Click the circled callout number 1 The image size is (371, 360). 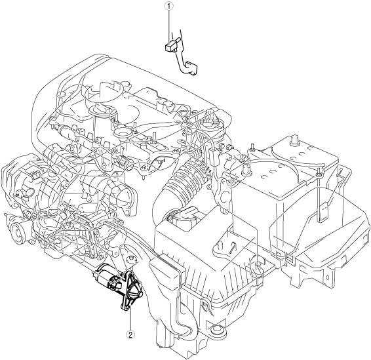click(169, 7)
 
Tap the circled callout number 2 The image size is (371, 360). click(130, 334)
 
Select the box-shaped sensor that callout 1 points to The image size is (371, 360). click(170, 47)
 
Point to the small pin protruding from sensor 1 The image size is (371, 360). click(178, 39)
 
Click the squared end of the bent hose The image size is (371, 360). click(191, 68)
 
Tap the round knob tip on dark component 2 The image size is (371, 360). click(140, 294)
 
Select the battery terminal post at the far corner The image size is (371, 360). click(295, 140)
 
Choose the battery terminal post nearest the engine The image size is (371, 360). click(245, 170)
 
